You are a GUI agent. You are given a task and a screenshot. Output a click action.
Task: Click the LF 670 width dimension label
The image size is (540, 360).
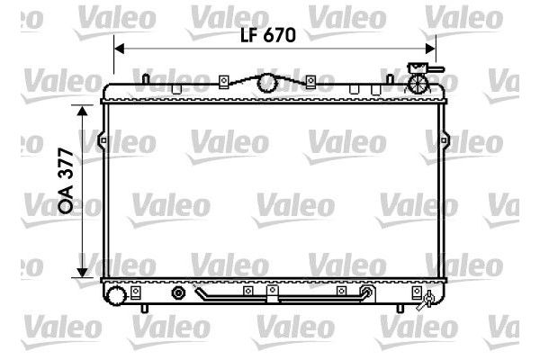click(268, 35)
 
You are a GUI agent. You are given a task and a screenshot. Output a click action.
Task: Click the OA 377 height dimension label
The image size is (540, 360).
click(66, 180)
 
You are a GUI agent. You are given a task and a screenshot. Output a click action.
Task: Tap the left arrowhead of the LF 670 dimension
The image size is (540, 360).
click(119, 49)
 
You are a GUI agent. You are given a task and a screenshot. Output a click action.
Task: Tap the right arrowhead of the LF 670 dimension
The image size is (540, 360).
click(430, 49)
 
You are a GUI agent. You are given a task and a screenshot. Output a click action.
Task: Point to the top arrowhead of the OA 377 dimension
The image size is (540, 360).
click(82, 110)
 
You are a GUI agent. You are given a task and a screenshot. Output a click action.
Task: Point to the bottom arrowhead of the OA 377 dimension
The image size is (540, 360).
click(82, 272)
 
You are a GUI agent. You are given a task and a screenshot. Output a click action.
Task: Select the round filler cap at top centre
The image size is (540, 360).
click(268, 83)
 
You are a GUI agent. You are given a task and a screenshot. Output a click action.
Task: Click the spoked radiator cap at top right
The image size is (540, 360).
click(418, 83)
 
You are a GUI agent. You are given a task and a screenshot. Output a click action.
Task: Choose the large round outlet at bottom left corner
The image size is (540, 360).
click(116, 295)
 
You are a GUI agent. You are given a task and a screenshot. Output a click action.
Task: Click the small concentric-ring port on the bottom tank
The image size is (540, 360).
click(178, 293)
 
